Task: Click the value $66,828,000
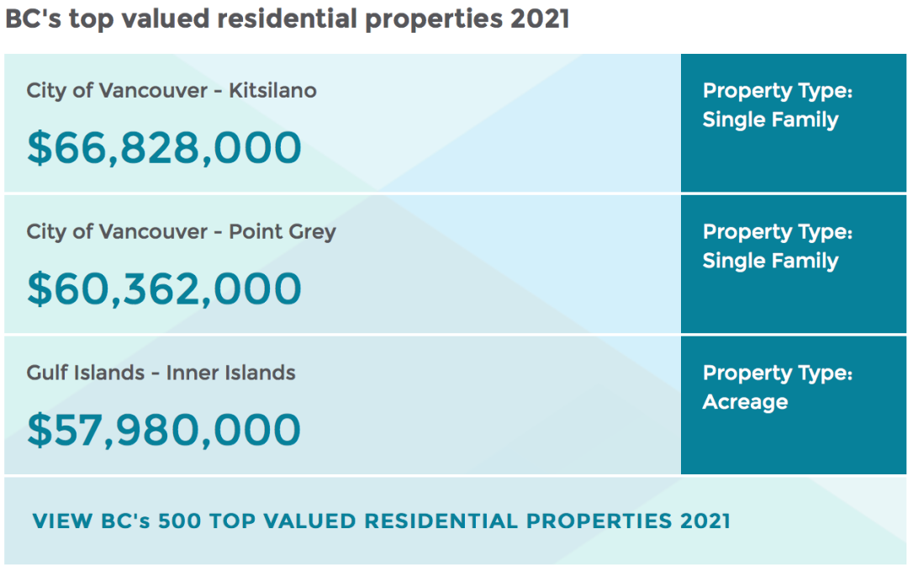coord(165,148)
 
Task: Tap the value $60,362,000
coord(165,289)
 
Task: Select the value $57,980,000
coord(165,430)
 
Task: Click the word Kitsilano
coord(272,90)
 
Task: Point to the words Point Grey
coord(282,232)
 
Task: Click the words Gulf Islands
coord(85,373)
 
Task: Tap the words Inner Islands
coord(230,373)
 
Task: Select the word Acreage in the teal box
coord(745,403)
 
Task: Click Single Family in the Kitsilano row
coord(771,120)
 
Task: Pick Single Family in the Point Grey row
coord(771,262)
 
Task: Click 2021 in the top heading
coord(541,19)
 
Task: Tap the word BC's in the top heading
coord(34,19)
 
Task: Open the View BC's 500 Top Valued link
coord(382,521)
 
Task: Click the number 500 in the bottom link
coord(180,521)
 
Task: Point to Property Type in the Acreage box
coord(778,373)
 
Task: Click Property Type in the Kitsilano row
coord(778,92)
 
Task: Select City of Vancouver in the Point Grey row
coord(117,232)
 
